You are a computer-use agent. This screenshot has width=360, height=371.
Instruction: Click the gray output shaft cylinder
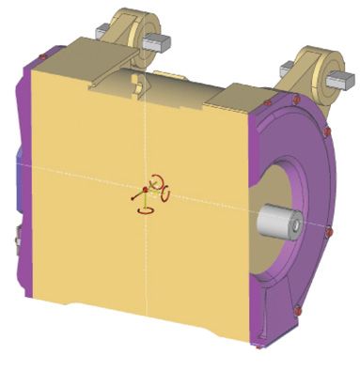[x=274, y=222]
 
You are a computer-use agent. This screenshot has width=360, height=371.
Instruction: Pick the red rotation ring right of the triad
[x=165, y=195]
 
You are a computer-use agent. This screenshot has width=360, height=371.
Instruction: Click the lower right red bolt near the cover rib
[x=298, y=309]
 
